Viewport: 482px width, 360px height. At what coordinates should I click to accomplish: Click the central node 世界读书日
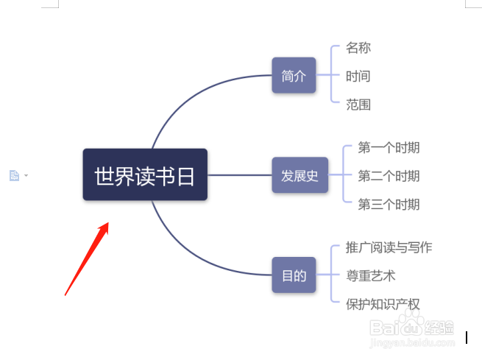click(x=145, y=174)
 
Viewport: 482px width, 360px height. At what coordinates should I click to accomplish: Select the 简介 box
click(x=294, y=75)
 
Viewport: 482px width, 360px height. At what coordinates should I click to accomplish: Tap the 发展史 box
click(x=300, y=175)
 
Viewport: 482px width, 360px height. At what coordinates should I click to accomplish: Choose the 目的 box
click(x=294, y=275)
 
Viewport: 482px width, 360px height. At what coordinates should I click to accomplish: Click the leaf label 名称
click(x=358, y=48)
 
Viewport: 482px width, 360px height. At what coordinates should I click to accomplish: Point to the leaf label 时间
click(x=358, y=76)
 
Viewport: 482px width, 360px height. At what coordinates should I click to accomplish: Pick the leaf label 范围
click(x=358, y=105)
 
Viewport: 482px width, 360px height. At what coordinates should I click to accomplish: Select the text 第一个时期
click(x=389, y=147)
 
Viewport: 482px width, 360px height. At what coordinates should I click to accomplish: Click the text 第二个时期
click(x=389, y=176)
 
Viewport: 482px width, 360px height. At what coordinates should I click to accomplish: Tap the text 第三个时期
click(x=389, y=205)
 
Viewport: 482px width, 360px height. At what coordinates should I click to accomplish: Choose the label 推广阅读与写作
click(x=389, y=247)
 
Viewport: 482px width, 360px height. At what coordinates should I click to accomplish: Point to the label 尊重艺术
click(x=371, y=276)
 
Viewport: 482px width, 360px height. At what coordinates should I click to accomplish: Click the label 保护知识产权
click(x=383, y=304)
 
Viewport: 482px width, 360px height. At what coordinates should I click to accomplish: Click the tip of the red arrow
click(x=108, y=222)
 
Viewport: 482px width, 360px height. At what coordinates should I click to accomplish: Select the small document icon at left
click(x=14, y=175)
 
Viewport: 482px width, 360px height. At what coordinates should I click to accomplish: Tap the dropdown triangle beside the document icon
click(x=26, y=175)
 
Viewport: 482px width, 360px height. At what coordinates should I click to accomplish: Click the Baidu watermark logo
click(x=412, y=325)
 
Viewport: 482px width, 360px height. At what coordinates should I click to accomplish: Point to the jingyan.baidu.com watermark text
click(x=412, y=342)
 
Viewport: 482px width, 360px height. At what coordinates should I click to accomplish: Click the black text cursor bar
click(x=467, y=338)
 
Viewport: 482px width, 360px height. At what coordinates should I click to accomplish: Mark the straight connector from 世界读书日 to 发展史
click(x=240, y=175)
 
